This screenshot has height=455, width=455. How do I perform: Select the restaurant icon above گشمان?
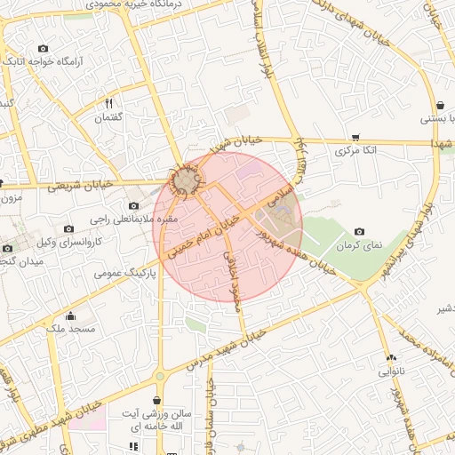click(x=108, y=103)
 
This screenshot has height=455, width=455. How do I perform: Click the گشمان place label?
click(x=108, y=117)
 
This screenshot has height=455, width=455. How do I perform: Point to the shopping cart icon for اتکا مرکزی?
click(x=356, y=137)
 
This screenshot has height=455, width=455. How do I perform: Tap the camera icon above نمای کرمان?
click(x=359, y=231)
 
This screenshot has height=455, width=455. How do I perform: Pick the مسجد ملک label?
click(x=70, y=329)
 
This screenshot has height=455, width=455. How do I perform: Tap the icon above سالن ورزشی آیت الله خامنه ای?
click(x=158, y=401)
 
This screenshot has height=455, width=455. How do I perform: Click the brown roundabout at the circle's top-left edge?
click(x=184, y=182)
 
